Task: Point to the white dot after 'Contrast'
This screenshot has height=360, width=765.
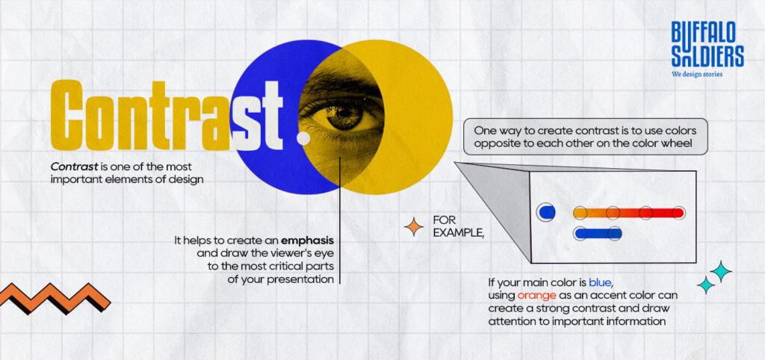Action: click(x=303, y=138)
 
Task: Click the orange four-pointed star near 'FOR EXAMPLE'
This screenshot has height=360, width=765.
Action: click(x=413, y=226)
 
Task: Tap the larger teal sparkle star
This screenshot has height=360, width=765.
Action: click(x=720, y=271)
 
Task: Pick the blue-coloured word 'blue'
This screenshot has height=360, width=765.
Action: click(x=600, y=282)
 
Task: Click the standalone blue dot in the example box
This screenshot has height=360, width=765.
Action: click(x=546, y=213)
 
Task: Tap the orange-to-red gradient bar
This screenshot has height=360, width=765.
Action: click(x=628, y=213)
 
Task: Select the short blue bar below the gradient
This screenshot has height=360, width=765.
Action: click(x=597, y=234)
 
